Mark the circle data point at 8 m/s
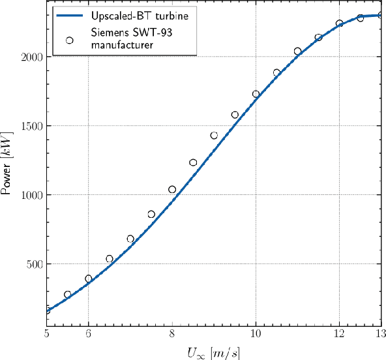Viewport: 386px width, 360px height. [172, 190]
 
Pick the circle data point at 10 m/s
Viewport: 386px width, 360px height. [256, 95]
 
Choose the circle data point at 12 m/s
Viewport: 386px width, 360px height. [339, 23]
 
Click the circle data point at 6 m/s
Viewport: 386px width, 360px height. [89, 278]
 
